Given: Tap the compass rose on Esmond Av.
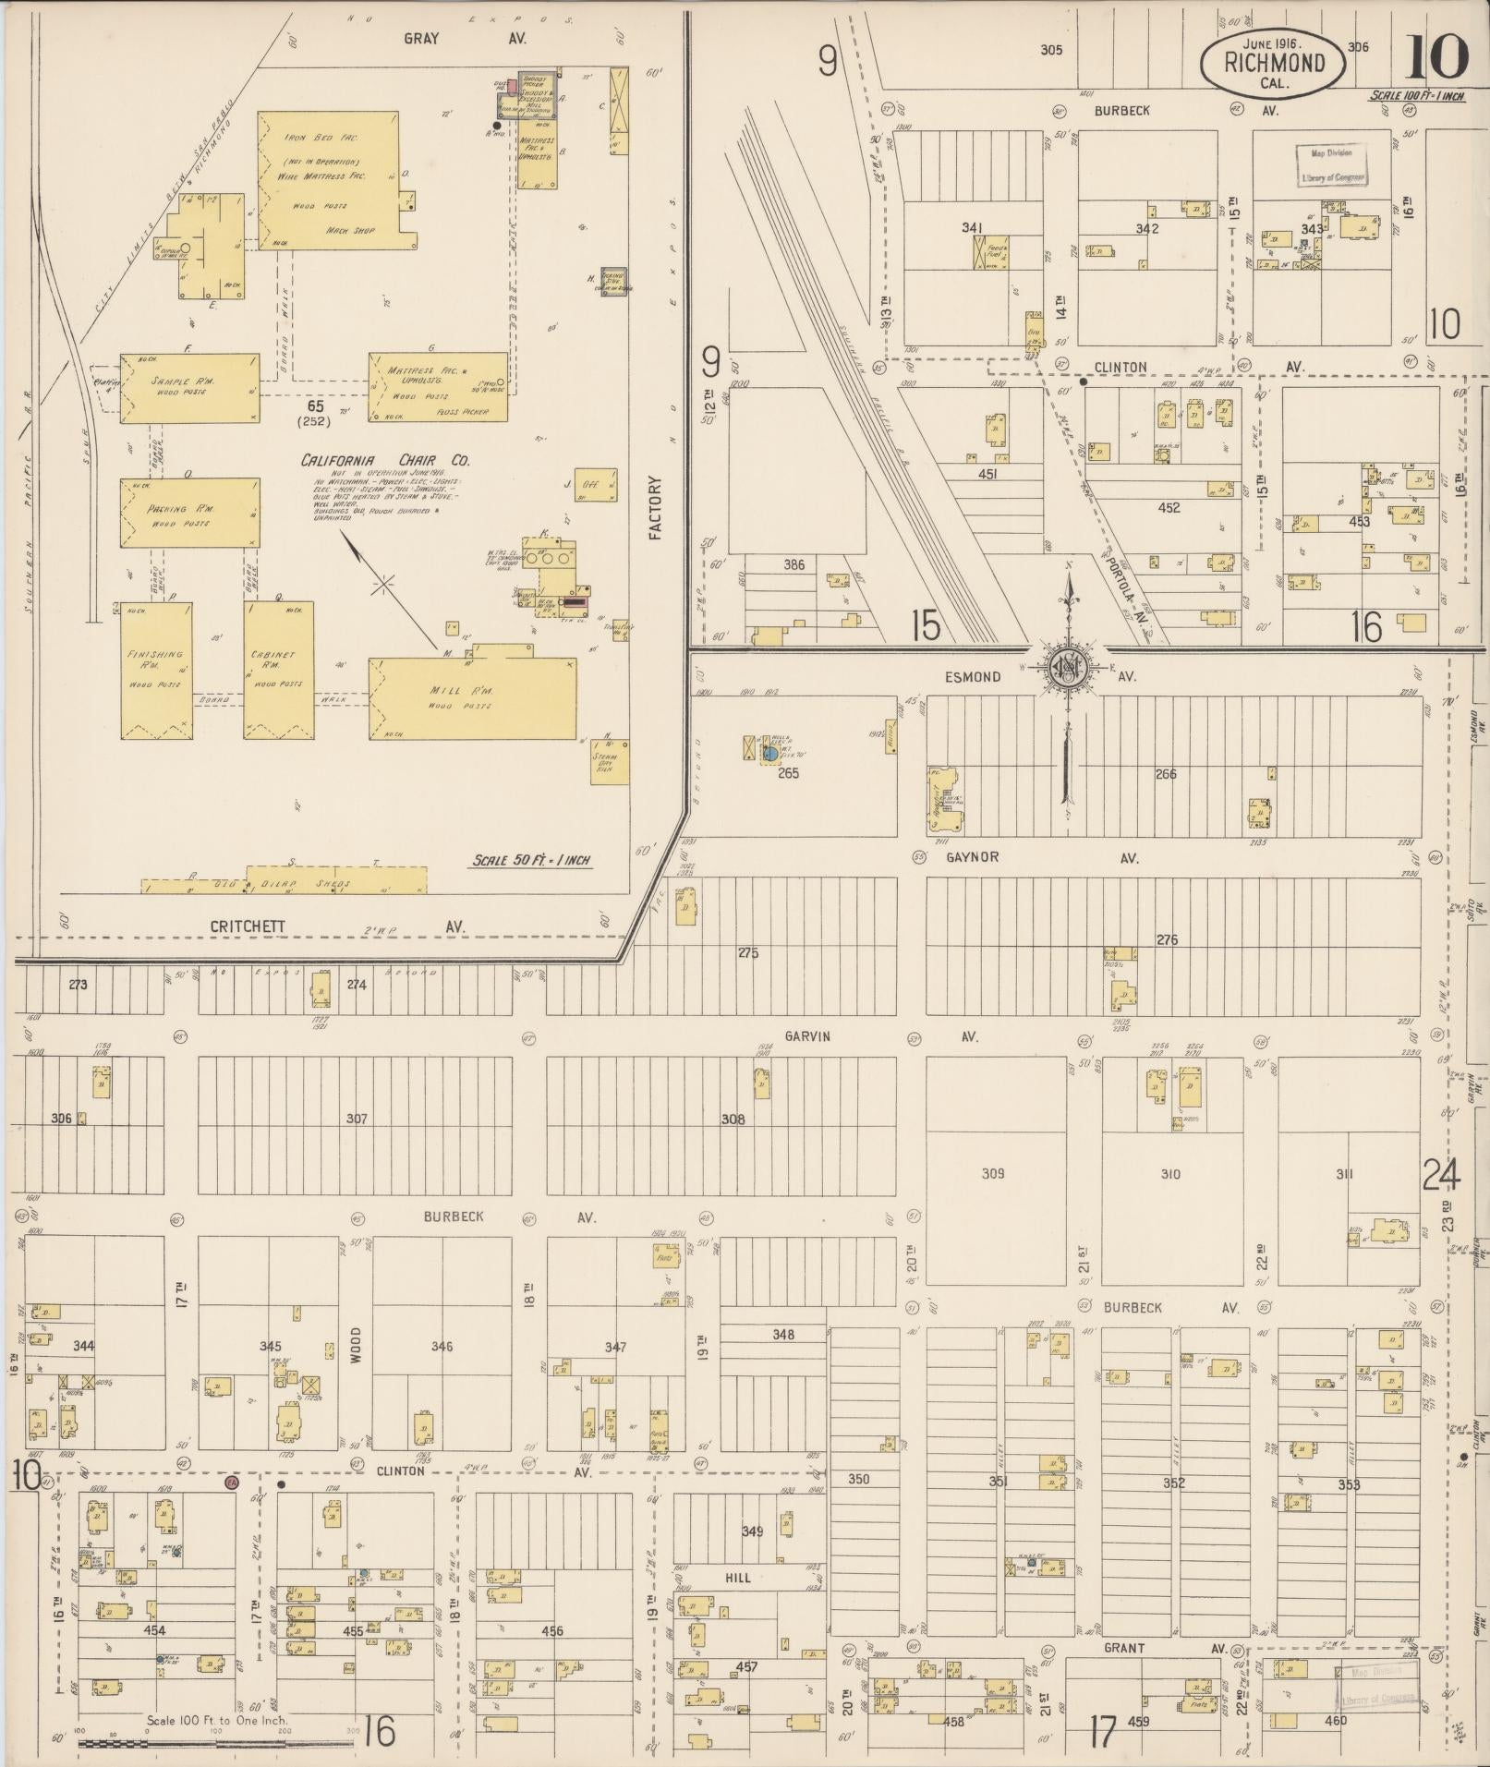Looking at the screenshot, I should click(x=1069, y=667).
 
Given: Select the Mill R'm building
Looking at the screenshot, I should click(x=472, y=697).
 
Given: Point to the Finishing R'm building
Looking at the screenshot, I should click(x=156, y=670).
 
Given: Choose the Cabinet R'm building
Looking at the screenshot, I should click(x=278, y=670).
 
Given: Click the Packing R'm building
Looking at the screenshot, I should click(x=189, y=513).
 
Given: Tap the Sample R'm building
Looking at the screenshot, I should click(x=189, y=388).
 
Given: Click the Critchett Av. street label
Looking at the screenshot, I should click(x=247, y=926).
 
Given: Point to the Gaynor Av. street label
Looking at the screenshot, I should click(x=972, y=857).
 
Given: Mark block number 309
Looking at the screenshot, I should click(x=992, y=1173).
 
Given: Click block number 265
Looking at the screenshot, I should click(x=787, y=773).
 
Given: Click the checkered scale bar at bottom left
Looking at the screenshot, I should click(x=216, y=1743).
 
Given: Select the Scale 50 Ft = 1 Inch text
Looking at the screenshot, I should click(x=531, y=860).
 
